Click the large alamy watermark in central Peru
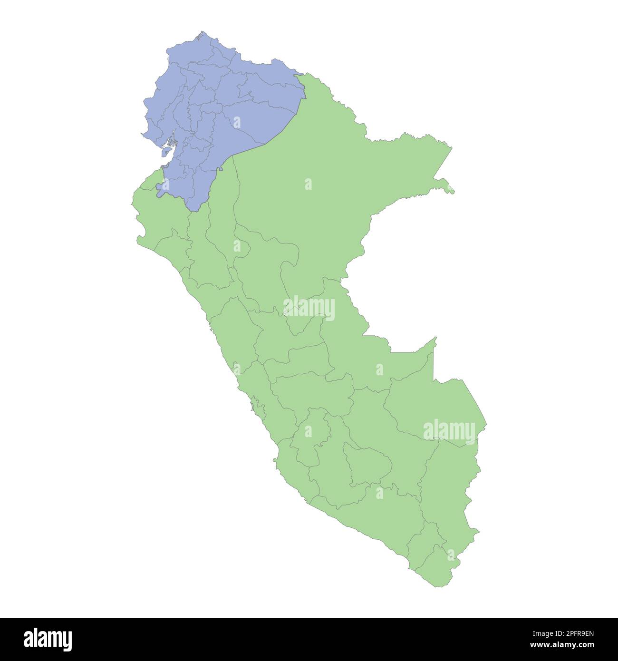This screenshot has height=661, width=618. click(x=309, y=308)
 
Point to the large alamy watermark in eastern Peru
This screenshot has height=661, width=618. click(x=449, y=431)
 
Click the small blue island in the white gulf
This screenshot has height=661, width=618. click(x=166, y=152)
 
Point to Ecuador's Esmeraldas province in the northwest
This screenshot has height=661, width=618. click(x=190, y=52)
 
